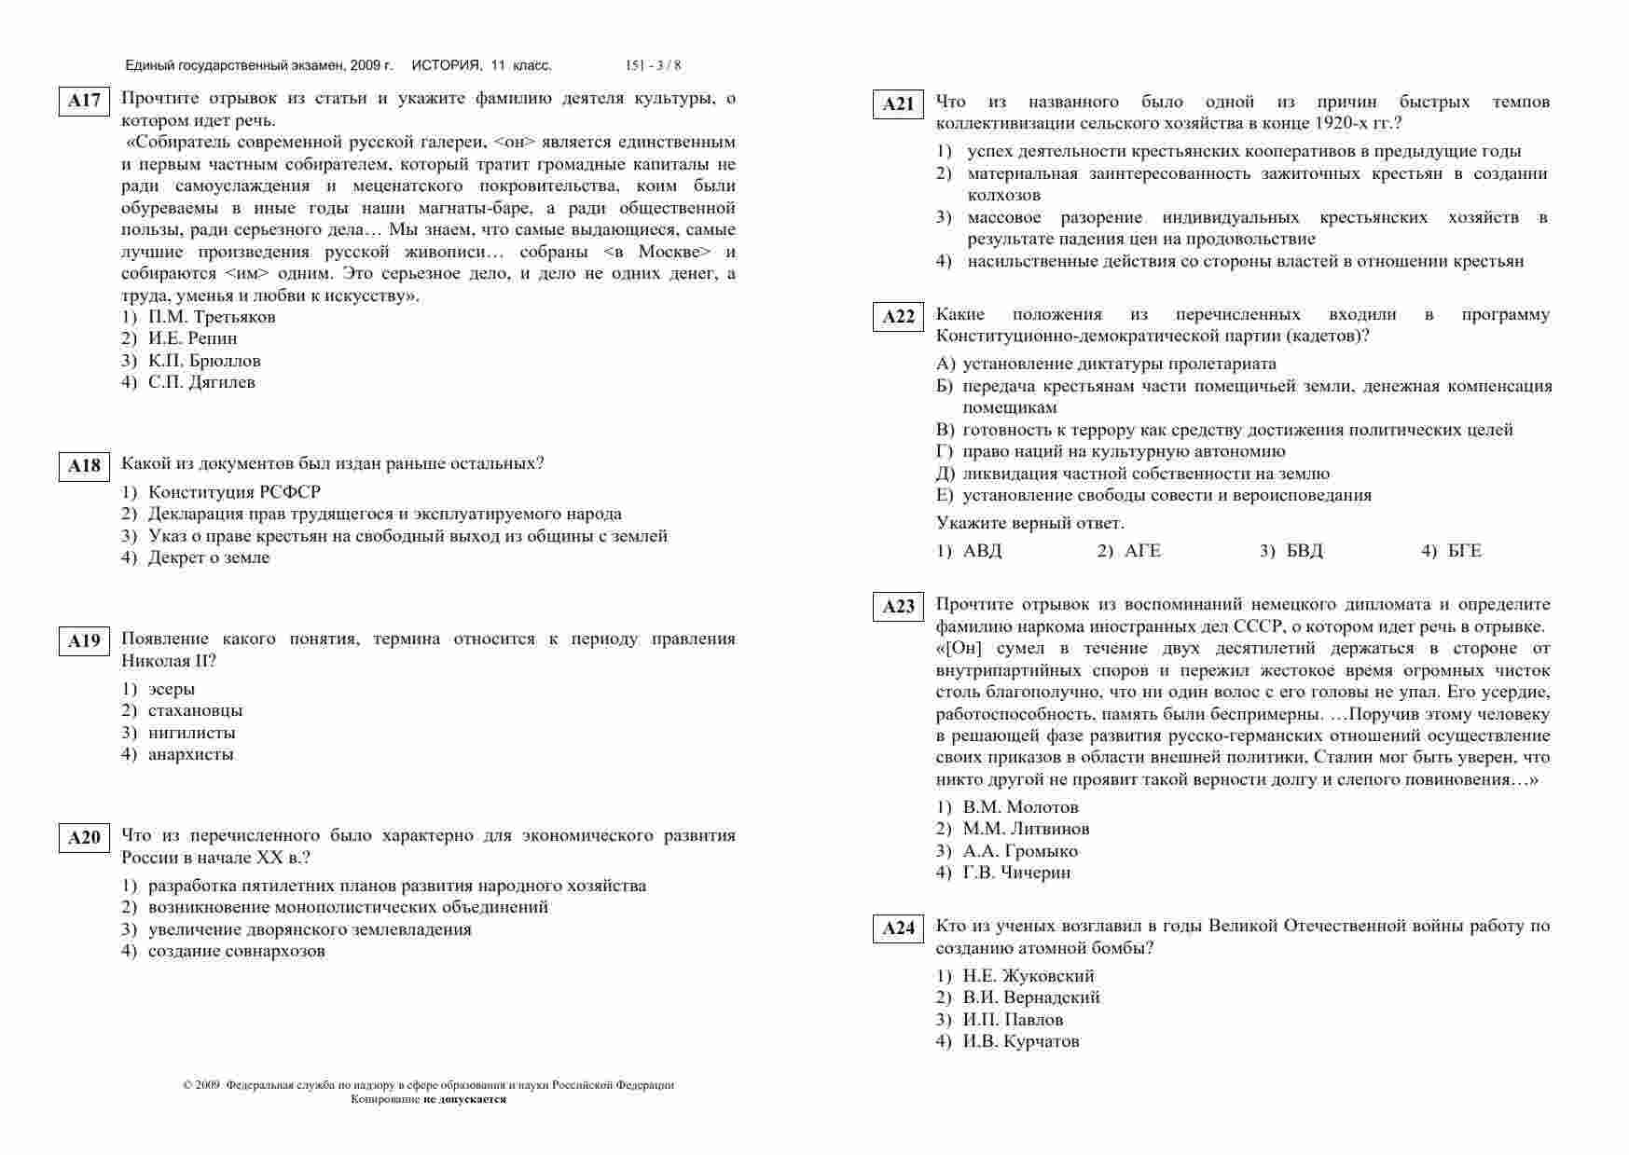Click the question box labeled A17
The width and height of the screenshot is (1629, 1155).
pyautogui.click(x=84, y=101)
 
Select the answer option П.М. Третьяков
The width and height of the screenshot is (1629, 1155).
pyautogui.click(x=212, y=317)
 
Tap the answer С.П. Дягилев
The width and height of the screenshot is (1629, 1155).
pyautogui.click(x=201, y=382)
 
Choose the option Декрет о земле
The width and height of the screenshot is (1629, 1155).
pyautogui.click(x=209, y=557)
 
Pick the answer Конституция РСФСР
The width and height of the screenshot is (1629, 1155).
pyautogui.click(x=234, y=492)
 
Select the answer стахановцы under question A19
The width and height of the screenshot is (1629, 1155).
pyautogui.click(x=195, y=710)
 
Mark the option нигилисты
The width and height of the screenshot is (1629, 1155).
pyautogui.click(x=191, y=733)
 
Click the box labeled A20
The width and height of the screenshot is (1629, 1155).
pyautogui.click(x=84, y=838)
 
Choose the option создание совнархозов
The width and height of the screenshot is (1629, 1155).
pyautogui.click(x=237, y=951)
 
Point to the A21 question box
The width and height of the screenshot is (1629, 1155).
pyautogui.click(x=898, y=104)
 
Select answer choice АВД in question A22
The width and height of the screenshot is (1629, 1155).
pyautogui.click(x=982, y=551)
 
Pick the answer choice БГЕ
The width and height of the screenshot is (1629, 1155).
pyautogui.click(x=1464, y=551)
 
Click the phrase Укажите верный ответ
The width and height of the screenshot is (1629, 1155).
pyautogui.click(x=1029, y=523)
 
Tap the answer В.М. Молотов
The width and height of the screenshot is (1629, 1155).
pyautogui.click(x=1020, y=807)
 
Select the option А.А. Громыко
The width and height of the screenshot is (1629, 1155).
pyautogui.click(x=1020, y=851)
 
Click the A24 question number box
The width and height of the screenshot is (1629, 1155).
pyautogui.click(x=898, y=928)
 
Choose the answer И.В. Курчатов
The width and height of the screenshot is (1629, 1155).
pyautogui.click(x=1021, y=1041)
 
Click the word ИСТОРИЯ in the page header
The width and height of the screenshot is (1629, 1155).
pyautogui.click(x=446, y=65)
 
